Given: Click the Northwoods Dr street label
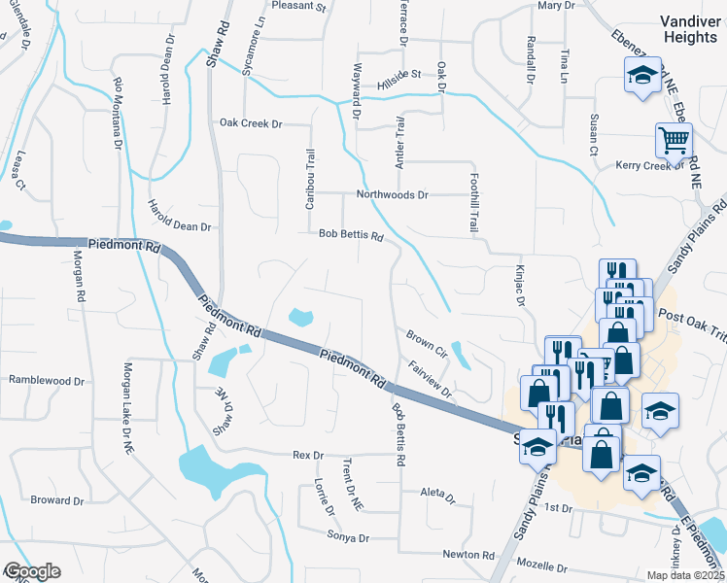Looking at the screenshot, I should pos(393,194).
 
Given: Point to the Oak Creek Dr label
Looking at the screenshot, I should pos(250,123).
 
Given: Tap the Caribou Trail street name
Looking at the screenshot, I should pos(311,177).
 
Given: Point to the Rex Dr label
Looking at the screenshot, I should pos(308,455).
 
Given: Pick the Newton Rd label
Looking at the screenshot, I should pos(468,555).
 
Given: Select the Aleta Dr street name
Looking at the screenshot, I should pos(437,497).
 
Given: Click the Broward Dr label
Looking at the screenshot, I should pos(56,500).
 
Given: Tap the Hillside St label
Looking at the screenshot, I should pos(398,77).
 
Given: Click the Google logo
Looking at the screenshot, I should pos(31,571).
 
